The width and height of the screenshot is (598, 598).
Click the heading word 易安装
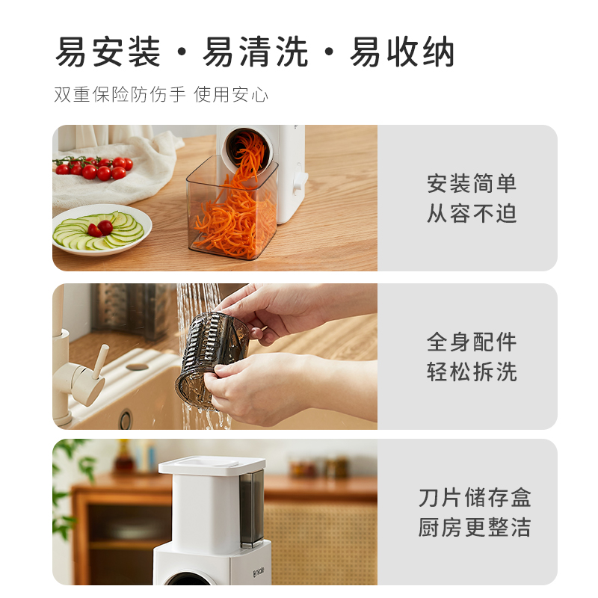tap(108, 53)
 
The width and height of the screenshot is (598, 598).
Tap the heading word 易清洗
tap(256, 53)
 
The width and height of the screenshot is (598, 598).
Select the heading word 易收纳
tap(403, 53)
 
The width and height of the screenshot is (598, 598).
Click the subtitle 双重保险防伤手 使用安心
tap(161, 95)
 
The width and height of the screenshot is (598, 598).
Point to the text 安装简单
tap(472, 184)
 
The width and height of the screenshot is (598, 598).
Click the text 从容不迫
tap(472, 214)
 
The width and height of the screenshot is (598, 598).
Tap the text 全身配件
tap(472, 342)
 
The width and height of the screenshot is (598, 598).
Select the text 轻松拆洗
tap(472, 372)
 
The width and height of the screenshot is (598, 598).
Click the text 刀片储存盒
tap(475, 498)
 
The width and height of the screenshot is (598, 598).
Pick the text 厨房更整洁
tap(475, 528)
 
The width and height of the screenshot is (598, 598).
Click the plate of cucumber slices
tap(102, 230)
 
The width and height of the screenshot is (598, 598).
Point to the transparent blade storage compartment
tap(252, 508)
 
